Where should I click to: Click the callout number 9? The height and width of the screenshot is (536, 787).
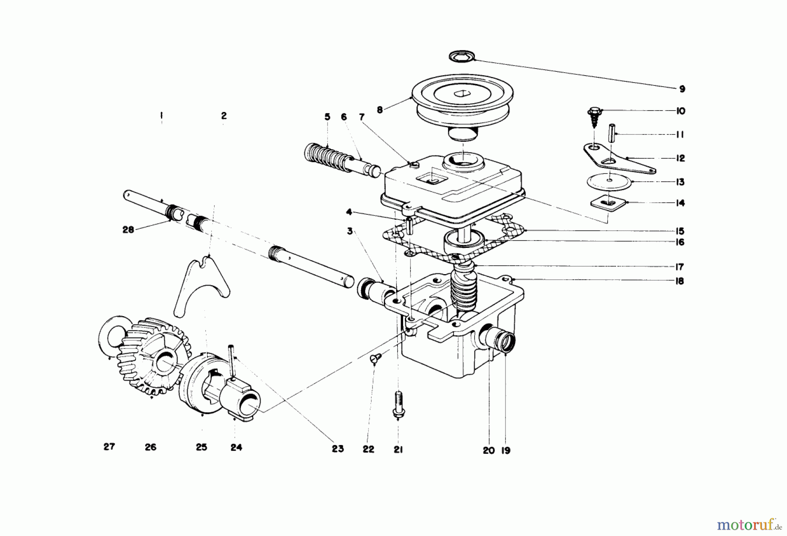[x=682, y=89]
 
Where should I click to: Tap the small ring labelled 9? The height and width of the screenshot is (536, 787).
[x=461, y=56]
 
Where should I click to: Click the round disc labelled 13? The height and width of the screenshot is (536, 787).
[x=610, y=182]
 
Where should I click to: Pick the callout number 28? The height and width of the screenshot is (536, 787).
[x=128, y=230]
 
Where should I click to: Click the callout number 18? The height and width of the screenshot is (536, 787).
[x=679, y=281]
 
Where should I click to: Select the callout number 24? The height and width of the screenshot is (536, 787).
[x=236, y=447]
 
